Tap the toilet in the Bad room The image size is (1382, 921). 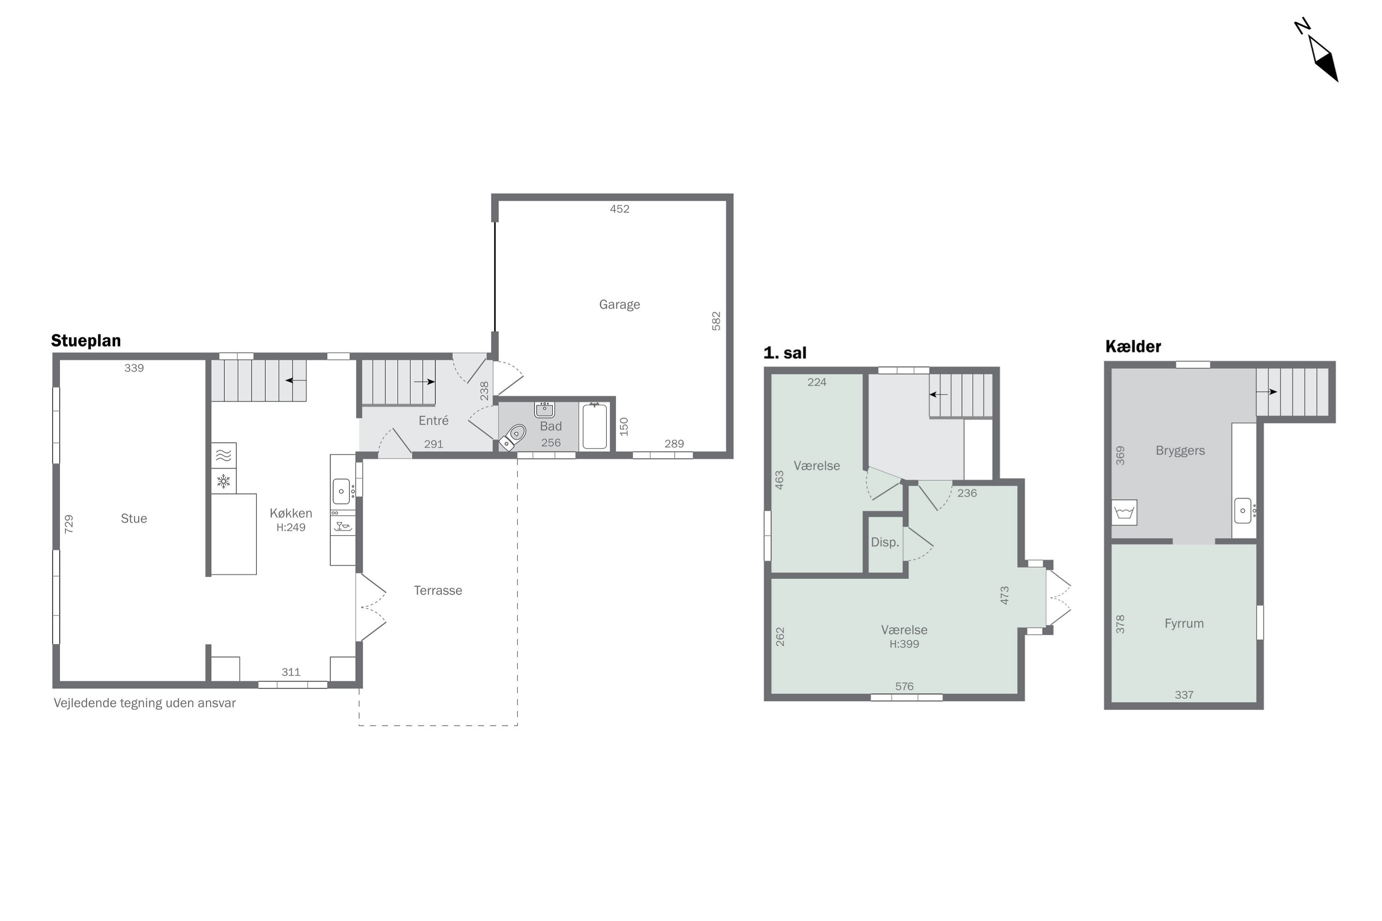pyautogui.click(x=512, y=437)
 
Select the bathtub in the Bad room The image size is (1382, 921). pyautogui.click(x=595, y=427)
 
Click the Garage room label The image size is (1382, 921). pyautogui.click(x=619, y=304)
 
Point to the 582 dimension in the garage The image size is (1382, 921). pyautogui.click(x=716, y=321)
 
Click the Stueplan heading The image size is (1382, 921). pyautogui.click(x=86, y=341)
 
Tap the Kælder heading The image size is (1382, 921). pyautogui.click(x=1133, y=347)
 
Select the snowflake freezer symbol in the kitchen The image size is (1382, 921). pyautogui.click(x=223, y=481)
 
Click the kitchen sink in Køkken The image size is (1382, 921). pyautogui.click(x=341, y=491)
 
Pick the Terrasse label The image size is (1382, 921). pyautogui.click(x=438, y=590)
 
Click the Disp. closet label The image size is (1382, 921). pyautogui.click(x=885, y=542)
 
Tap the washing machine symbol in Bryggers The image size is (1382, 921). pyautogui.click(x=1124, y=512)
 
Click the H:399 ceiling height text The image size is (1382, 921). pyautogui.click(x=904, y=644)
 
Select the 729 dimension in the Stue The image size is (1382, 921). pyautogui.click(x=69, y=524)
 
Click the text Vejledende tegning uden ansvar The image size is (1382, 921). pyautogui.click(x=145, y=703)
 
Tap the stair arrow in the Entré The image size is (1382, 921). pyautogui.click(x=424, y=382)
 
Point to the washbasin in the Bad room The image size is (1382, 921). pyautogui.click(x=544, y=409)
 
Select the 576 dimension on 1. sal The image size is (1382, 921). pyautogui.click(x=904, y=686)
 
